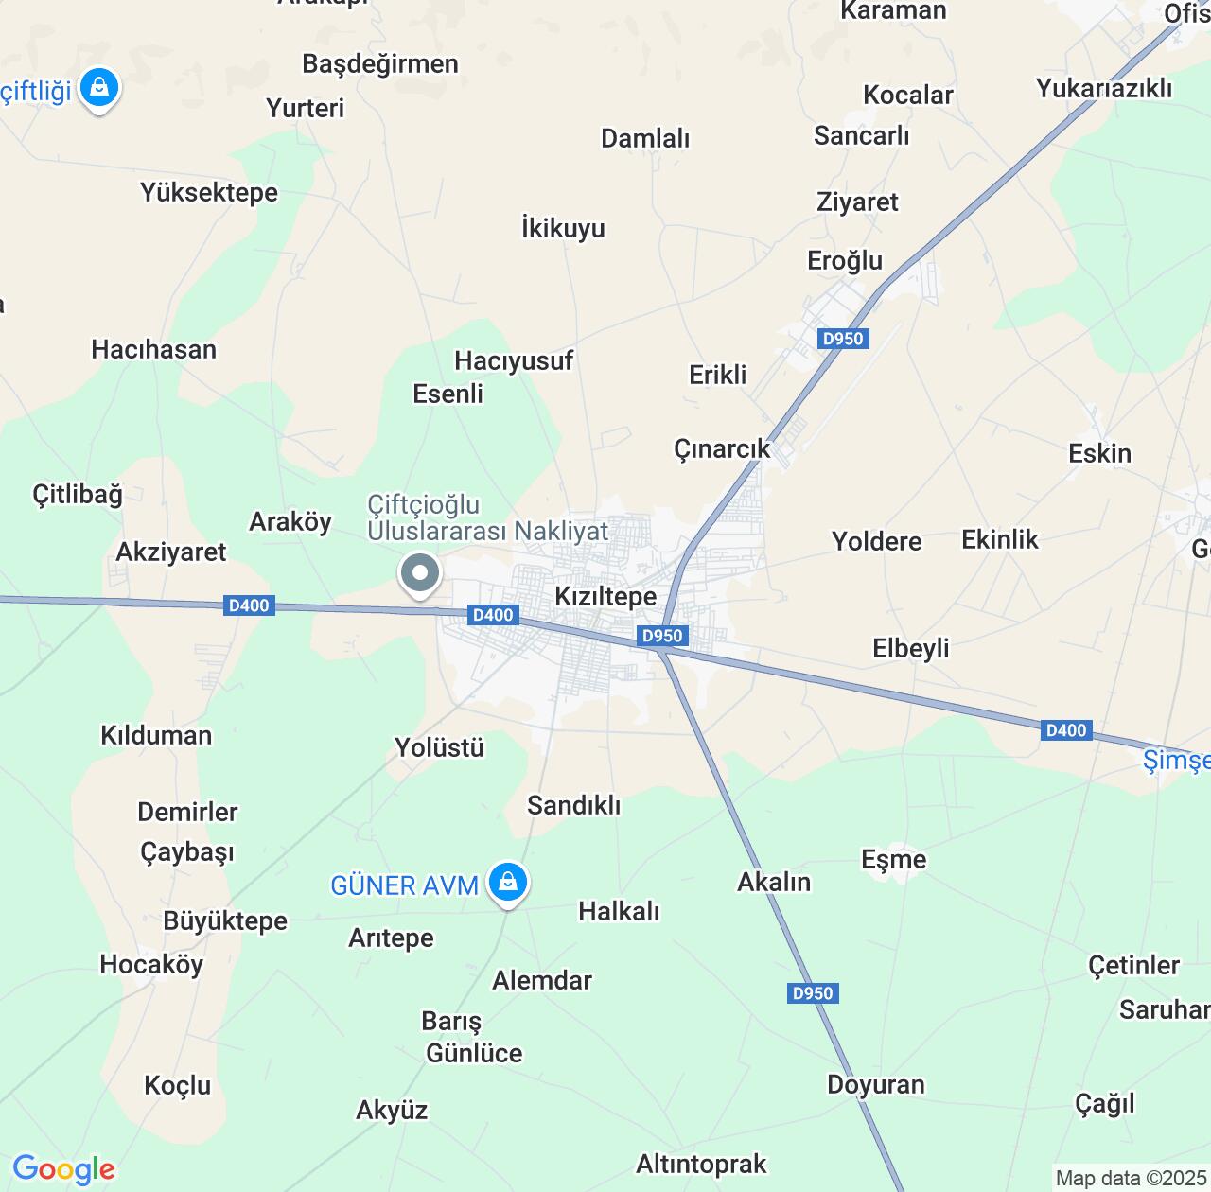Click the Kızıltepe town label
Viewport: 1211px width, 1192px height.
(605, 596)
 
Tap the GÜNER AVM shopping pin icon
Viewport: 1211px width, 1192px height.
(508, 882)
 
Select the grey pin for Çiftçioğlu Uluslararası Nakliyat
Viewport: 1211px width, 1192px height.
(420, 572)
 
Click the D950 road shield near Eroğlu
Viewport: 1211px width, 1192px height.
(843, 339)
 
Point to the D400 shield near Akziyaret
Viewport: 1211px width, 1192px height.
(249, 605)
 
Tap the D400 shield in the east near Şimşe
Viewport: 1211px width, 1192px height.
(1066, 730)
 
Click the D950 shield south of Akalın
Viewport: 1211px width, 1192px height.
(813, 993)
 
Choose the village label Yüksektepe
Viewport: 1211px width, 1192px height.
(209, 192)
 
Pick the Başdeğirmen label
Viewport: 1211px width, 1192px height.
(380, 63)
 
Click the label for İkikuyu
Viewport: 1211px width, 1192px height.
(563, 228)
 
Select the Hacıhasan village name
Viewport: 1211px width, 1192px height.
(154, 349)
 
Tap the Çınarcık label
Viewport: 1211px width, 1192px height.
(722, 448)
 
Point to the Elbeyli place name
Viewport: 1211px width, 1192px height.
(910, 648)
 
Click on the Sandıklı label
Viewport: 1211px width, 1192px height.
(574, 805)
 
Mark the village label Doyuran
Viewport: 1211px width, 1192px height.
(876, 1084)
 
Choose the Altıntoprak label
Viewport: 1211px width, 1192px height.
(701, 1164)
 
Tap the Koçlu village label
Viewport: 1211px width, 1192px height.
(178, 1085)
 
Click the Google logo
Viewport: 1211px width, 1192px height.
(63, 1169)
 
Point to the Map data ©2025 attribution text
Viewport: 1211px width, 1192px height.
(1132, 1179)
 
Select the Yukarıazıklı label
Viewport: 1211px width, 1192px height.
(1104, 88)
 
